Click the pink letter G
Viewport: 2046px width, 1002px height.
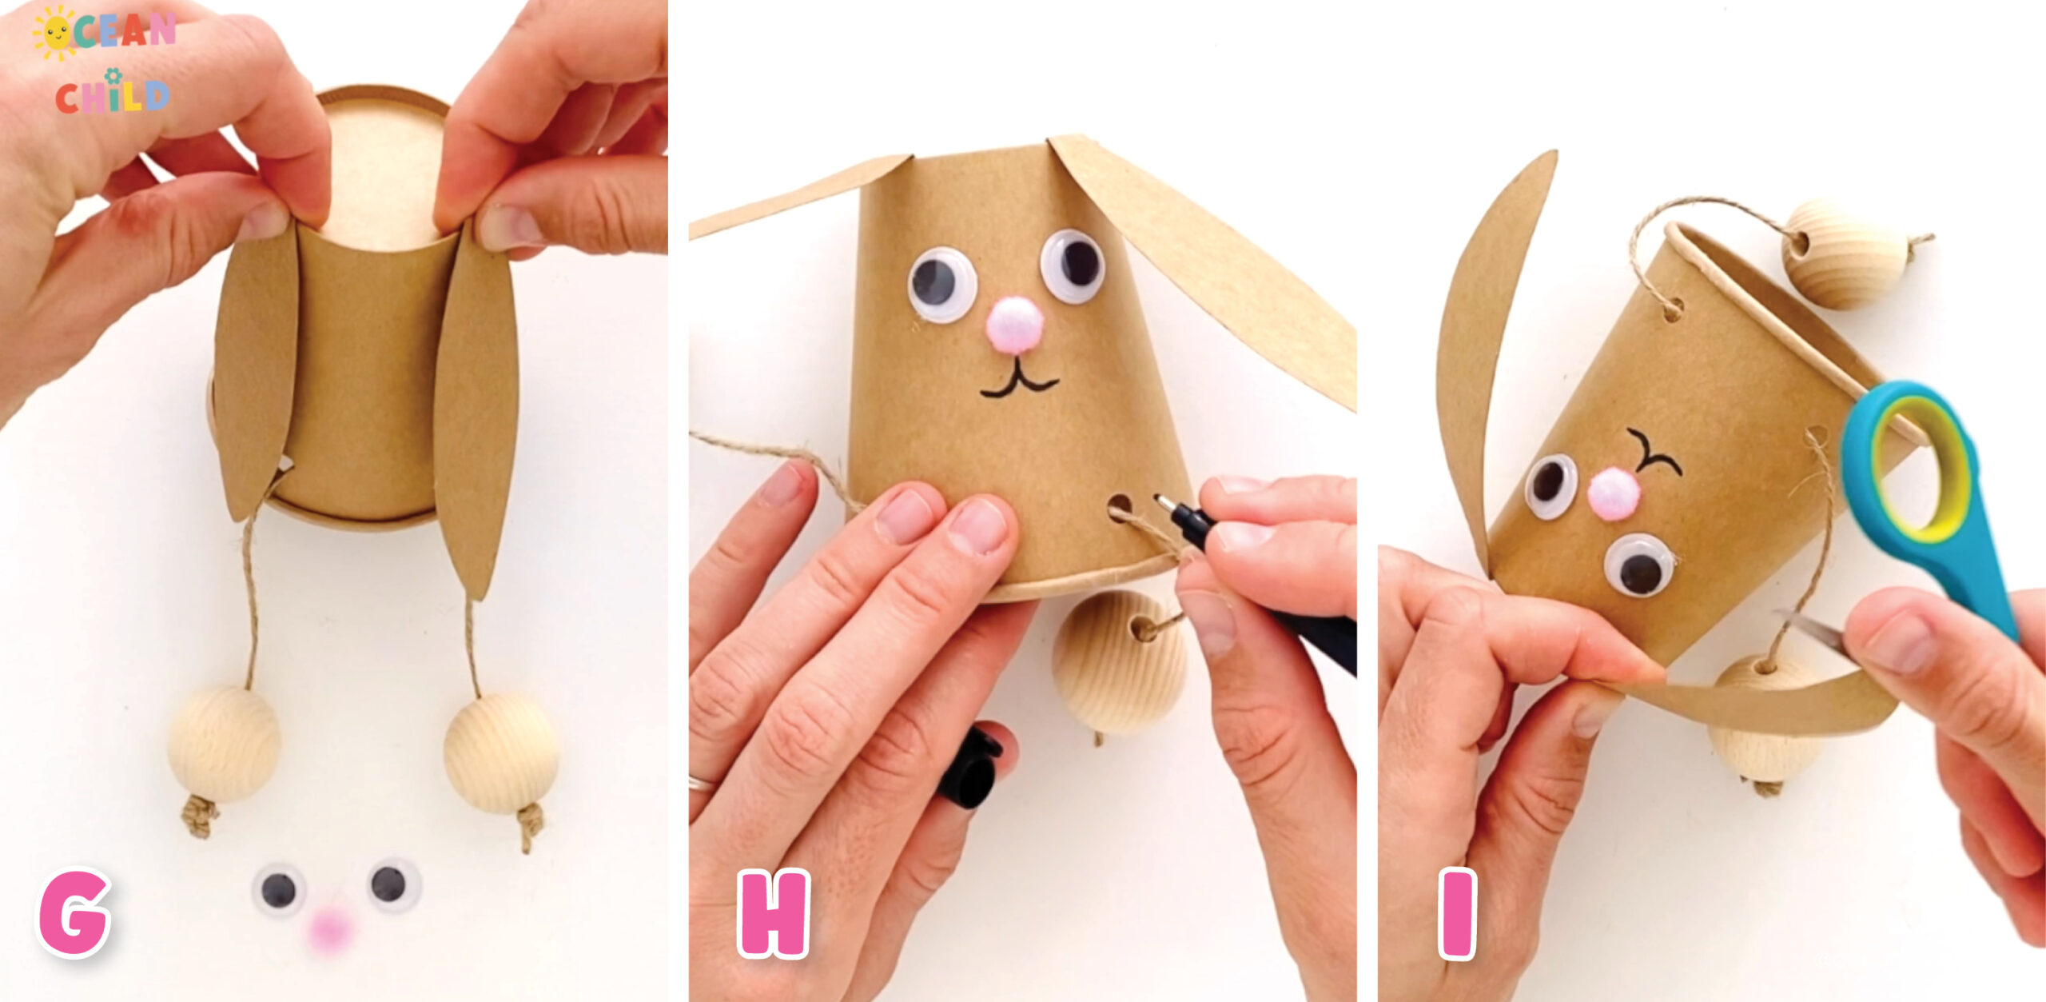tap(74, 912)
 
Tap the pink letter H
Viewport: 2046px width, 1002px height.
tap(773, 913)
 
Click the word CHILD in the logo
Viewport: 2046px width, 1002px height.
tap(113, 94)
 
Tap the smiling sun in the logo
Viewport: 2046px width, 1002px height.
tap(56, 33)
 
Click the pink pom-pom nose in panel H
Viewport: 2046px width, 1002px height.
tap(1014, 325)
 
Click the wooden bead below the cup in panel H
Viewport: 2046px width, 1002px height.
tap(1119, 660)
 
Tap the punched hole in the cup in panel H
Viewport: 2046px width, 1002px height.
tap(1120, 506)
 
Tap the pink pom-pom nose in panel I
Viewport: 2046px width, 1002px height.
tap(1613, 493)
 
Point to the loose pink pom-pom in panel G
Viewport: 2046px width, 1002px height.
tap(330, 929)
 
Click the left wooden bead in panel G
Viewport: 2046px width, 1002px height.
tap(224, 744)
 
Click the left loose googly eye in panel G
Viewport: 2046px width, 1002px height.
tap(278, 889)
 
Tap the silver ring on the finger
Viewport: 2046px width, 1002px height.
tap(701, 782)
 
